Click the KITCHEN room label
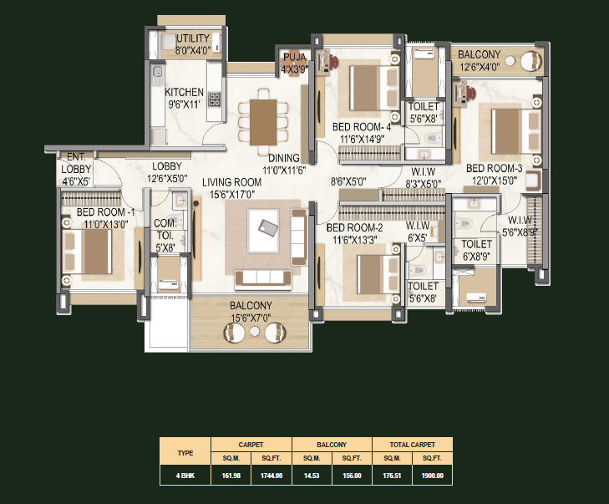point(184,92)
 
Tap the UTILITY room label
point(193,38)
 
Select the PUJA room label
point(295,57)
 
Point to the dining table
point(263,122)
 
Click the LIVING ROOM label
point(231,182)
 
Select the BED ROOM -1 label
point(105,212)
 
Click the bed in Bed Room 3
point(515,132)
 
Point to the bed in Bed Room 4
point(374,89)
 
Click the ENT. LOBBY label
point(76,163)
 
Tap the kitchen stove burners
point(215,99)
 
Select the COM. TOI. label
point(165,230)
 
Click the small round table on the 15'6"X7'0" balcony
point(255,332)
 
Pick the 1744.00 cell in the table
point(272,476)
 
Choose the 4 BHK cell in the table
point(185,476)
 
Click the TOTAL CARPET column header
point(412,445)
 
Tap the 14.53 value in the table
point(312,476)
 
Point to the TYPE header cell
point(185,453)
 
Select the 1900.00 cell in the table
point(432,476)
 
